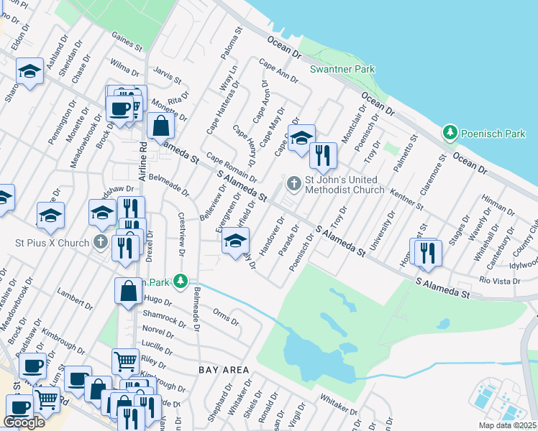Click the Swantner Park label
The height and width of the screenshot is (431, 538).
click(x=332, y=70)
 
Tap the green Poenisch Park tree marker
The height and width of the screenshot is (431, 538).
click(x=450, y=133)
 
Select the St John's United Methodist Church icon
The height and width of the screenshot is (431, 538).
click(x=293, y=185)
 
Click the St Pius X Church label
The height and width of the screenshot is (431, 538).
click(x=51, y=243)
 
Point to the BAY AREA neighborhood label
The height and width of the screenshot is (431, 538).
click(x=224, y=370)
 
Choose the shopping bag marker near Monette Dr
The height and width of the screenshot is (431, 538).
click(x=161, y=125)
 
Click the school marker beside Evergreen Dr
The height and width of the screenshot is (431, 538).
click(x=235, y=240)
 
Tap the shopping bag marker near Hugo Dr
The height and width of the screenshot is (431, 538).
click(x=129, y=291)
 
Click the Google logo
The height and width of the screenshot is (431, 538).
click(x=24, y=422)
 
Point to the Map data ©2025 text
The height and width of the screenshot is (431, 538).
click(x=506, y=425)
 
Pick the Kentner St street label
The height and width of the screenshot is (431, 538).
click(x=406, y=199)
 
